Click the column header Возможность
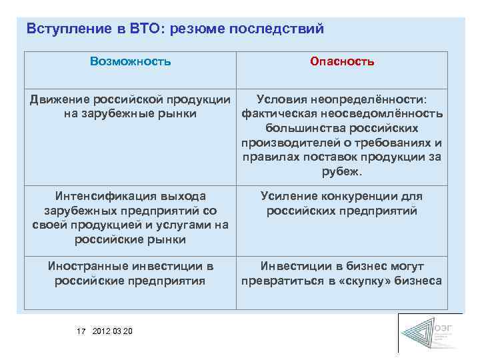coord(131,62)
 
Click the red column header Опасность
coord(342,62)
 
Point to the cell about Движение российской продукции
coord(131,107)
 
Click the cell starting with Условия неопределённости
coord(342,135)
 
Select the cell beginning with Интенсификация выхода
coord(131,218)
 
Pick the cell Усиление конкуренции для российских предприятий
coord(342,203)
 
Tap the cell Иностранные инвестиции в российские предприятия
coord(131,273)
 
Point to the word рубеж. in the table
coord(342,172)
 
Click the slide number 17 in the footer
coord(81,331)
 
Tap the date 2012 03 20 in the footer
coord(113,331)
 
